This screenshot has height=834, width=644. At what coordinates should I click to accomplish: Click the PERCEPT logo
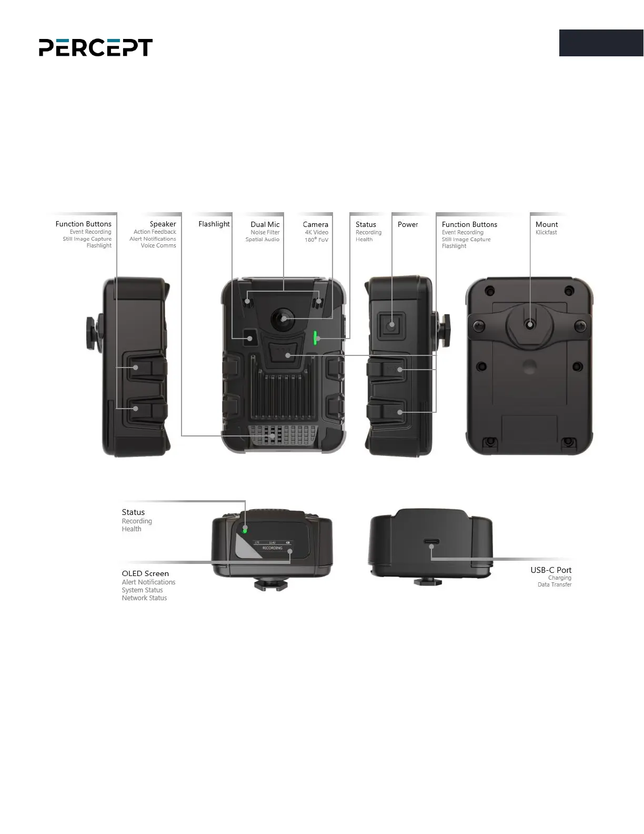click(x=96, y=47)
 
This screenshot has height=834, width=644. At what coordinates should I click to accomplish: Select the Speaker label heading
click(x=163, y=224)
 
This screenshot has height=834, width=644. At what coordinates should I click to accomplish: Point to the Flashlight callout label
click(x=214, y=224)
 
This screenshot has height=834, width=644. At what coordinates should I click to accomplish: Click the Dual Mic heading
click(x=265, y=224)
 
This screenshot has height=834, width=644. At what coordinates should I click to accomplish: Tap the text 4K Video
click(x=316, y=232)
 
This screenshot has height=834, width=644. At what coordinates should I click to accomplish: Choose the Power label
click(x=408, y=224)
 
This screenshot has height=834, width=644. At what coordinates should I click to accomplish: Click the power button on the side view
click(x=391, y=324)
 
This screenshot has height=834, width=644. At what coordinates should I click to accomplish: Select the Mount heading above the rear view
click(x=547, y=224)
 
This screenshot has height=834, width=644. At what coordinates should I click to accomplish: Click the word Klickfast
click(x=546, y=232)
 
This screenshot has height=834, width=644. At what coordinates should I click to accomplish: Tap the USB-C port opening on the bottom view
click(x=431, y=542)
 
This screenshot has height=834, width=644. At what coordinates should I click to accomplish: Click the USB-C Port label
click(x=550, y=570)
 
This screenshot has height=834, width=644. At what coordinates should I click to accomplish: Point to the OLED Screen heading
click(x=145, y=573)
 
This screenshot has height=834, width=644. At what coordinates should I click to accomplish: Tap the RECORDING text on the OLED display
click(x=273, y=548)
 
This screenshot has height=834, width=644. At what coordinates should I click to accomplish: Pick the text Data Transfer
click(x=554, y=584)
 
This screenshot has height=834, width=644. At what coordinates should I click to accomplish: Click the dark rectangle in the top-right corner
click(x=601, y=43)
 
